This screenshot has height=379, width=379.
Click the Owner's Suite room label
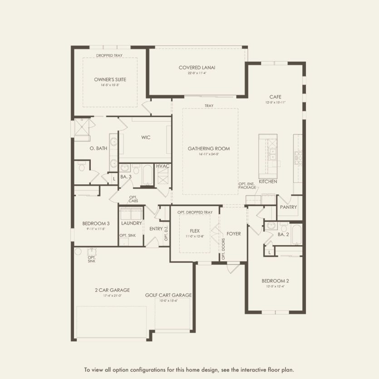coord(110,79)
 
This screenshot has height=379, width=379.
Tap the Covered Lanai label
coord(197,68)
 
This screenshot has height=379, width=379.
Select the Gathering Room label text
coord(209,148)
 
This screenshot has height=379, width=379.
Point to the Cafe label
coord(275,97)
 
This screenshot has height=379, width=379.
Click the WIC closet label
coord(146,137)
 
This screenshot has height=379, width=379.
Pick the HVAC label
coord(162,166)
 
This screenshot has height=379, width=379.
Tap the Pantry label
coord(288,207)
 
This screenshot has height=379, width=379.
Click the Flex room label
coord(195,231)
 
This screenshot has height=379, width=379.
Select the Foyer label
coord(233,234)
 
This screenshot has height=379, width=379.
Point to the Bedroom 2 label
coord(275,281)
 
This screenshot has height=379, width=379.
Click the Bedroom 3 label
coord(96,223)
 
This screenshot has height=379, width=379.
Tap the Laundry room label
coord(132,223)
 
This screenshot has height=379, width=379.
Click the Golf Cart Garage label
coord(168,295)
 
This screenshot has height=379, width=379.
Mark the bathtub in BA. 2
coord(296,235)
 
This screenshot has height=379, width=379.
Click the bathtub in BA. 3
coord(148,175)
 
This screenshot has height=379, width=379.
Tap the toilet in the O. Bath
coord(82,167)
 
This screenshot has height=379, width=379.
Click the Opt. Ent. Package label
coord(247,185)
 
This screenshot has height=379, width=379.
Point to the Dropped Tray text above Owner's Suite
coord(109,55)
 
